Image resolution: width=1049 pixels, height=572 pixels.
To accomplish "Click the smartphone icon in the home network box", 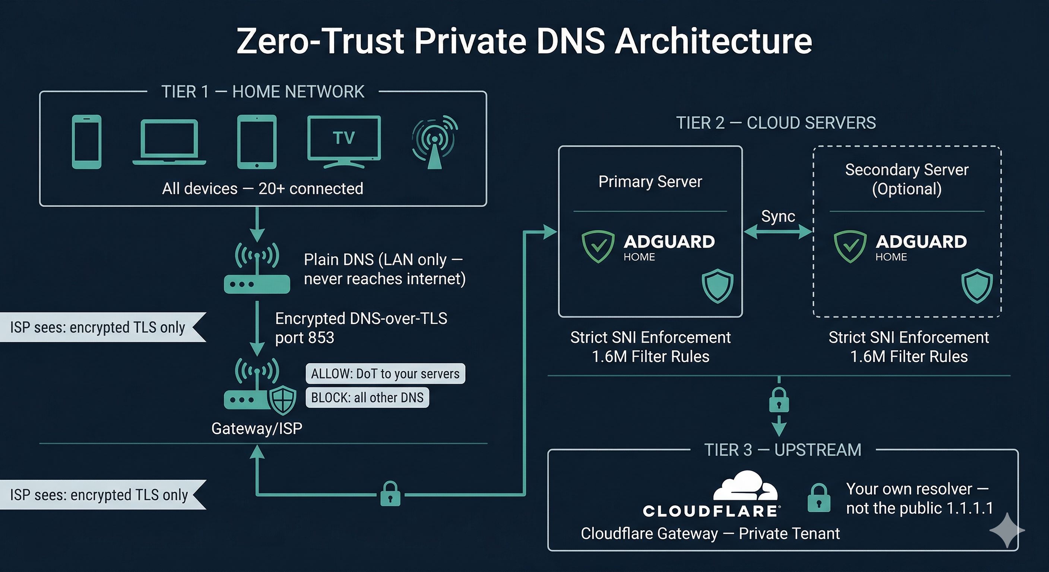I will (86, 142).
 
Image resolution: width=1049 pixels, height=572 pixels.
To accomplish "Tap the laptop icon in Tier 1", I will (169, 143).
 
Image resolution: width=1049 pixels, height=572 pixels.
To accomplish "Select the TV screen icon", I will (344, 141).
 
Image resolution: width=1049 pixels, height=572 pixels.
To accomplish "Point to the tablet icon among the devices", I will (257, 142).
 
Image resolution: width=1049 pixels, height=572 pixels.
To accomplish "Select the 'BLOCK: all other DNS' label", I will (367, 397).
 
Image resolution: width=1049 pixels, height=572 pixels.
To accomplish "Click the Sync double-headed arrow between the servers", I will (778, 232).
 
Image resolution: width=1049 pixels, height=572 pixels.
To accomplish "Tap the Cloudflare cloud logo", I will (745, 486).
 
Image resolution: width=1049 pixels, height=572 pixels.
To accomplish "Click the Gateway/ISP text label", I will (257, 428).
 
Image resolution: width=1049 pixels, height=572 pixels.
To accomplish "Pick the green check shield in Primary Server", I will (598, 246).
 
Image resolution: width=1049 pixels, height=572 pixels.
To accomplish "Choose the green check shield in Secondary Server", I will (850, 246).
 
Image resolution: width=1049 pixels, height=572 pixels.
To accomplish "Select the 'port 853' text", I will (305, 338).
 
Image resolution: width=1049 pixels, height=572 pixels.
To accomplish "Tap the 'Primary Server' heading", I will (650, 182).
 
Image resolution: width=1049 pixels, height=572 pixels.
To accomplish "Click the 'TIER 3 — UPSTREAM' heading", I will (783, 450).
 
